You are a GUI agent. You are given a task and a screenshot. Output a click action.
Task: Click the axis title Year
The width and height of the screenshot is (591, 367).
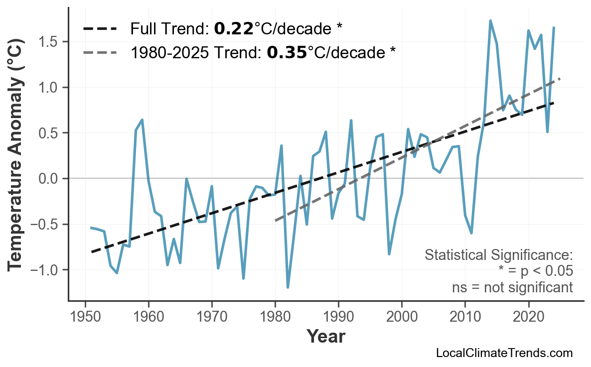pyautogui.click(x=325, y=337)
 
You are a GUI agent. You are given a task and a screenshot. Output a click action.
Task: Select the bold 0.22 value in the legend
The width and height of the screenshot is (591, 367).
pyautogui.click(x=234, y=29)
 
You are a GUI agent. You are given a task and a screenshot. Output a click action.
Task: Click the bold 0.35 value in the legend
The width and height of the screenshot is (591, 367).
pyautogui.click(x=287, y=52)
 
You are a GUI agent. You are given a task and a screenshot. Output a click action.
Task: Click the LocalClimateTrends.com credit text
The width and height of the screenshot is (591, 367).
pyautogui.click(x=504, y=354)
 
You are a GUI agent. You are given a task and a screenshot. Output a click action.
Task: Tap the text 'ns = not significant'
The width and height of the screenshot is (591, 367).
pyautogui.click(x=512, y=287)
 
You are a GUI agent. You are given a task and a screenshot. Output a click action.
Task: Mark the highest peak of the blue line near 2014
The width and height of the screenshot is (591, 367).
pyautogui.click(x=490, y=21)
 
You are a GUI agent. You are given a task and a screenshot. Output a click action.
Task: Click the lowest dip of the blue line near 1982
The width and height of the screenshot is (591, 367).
pyautogui.click(x=288, y=287)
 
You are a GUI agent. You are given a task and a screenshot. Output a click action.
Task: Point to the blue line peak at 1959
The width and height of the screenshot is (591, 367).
pyautogui.click(x=143, y=120)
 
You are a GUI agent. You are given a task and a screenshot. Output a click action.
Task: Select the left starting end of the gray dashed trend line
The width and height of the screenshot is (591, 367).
pyautogui.click(x=276, y=220)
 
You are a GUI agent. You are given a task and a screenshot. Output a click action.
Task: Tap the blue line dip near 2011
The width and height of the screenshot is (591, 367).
pyautogui.click(x=471, y=233)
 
